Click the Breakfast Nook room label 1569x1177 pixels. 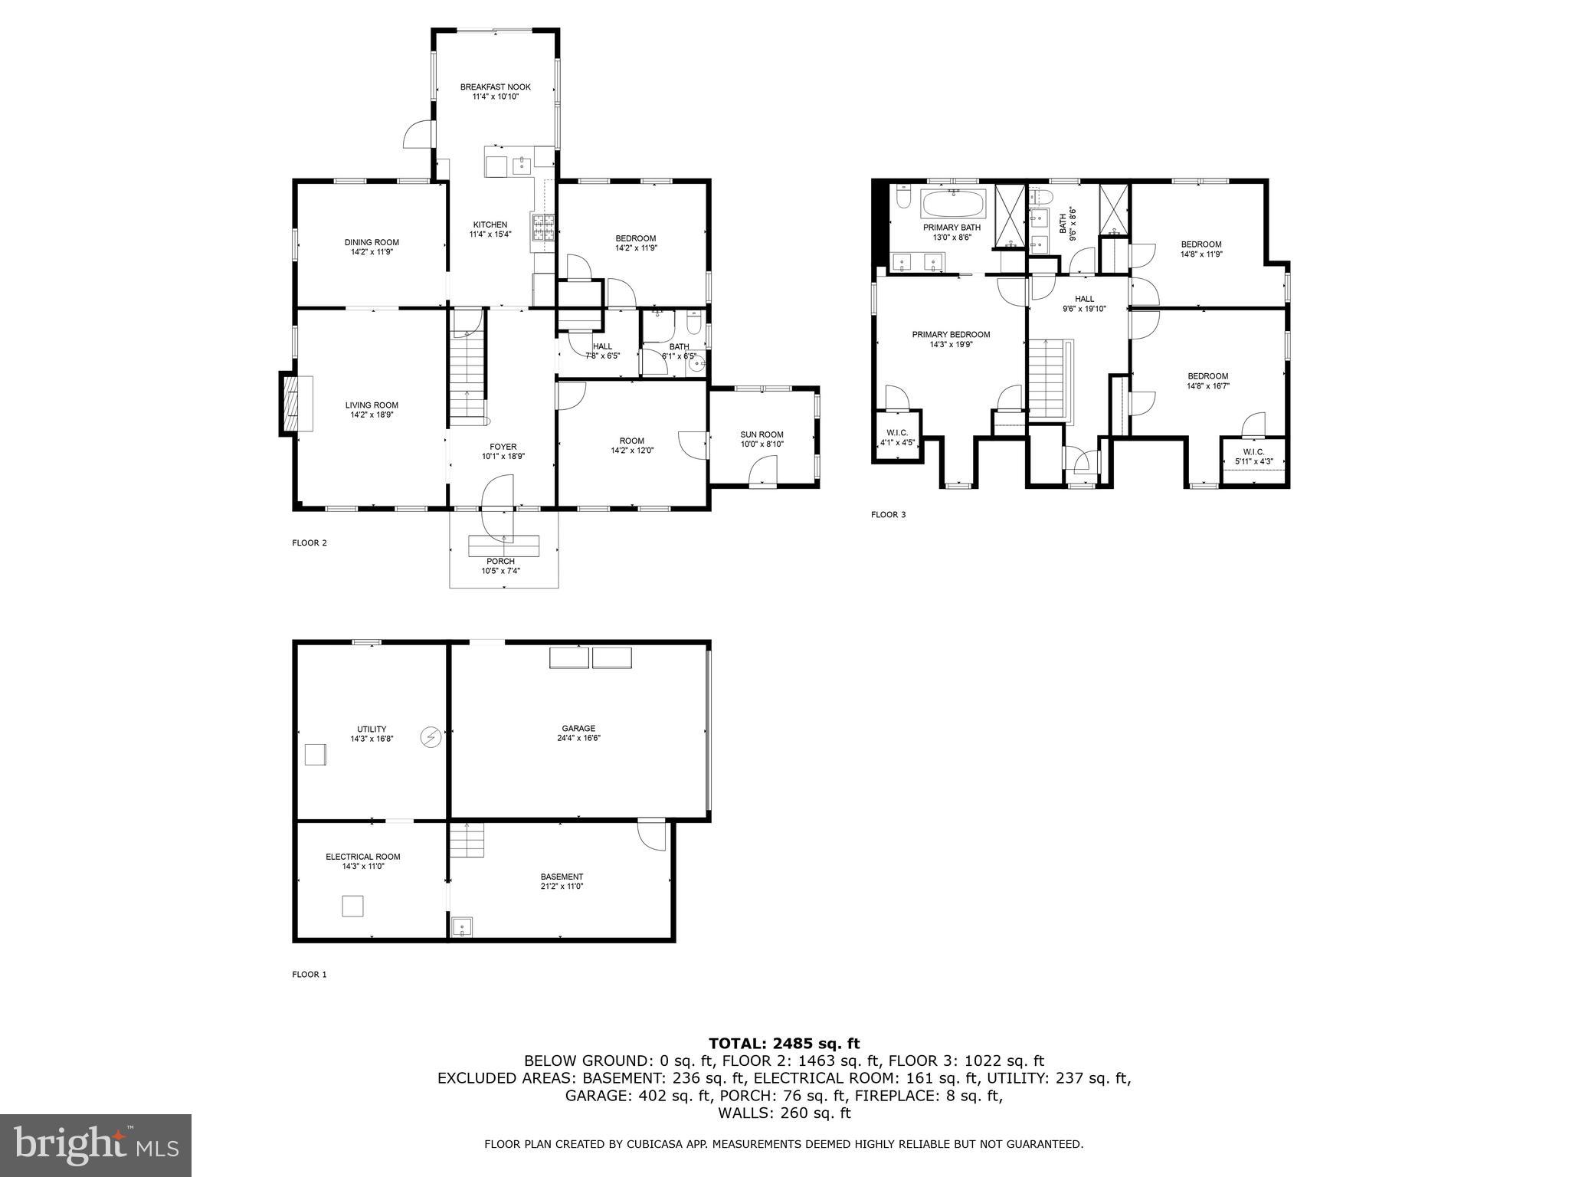coord(495,87)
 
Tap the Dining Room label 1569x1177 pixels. coord(372,242)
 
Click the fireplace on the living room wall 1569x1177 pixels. coord(290,404)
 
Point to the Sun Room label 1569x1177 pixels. coord(762,434)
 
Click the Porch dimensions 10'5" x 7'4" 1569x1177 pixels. coord(500,570)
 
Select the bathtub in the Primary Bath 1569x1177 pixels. coord(952,204)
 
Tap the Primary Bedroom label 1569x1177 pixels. coord(951,334)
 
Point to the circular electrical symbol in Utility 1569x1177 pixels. coord(431,737)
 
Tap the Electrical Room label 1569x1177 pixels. coord(362,857)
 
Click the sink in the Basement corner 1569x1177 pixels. coord(462,927)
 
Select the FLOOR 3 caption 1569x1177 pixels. coord(888,515)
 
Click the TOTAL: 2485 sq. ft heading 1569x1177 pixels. coord(784,1044)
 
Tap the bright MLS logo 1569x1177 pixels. coord(96,1146)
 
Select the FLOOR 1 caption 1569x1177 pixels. coord(309,975)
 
